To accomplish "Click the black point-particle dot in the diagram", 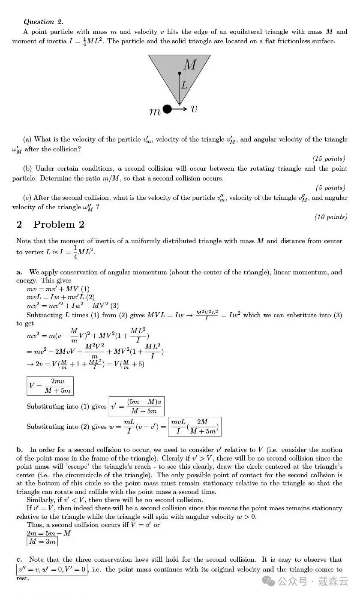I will (x=168, y=109).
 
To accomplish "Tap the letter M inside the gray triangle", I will (x=189, y=65).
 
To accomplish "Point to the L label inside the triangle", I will (x=184, y=85).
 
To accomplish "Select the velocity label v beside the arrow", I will (x=194, y=109).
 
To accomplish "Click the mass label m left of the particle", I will (x=155, y=111).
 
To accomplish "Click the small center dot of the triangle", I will (x=180, y=74).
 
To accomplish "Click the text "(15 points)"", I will (x=329, y=159).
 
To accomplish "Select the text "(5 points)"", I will (x=330, y=188).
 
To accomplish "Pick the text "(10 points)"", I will (x=330, y=217).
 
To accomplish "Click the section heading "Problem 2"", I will (x=59, y=224).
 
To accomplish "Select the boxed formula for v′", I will (x=136, y=406).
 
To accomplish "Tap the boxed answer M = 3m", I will (x=42, y=542).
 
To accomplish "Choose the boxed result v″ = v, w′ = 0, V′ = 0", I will (x=52, y=570).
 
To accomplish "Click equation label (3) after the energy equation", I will (x=114, y=306).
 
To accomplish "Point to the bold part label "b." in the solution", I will (x=19, y=450).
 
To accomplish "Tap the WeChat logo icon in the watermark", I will (x=270, y=581).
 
